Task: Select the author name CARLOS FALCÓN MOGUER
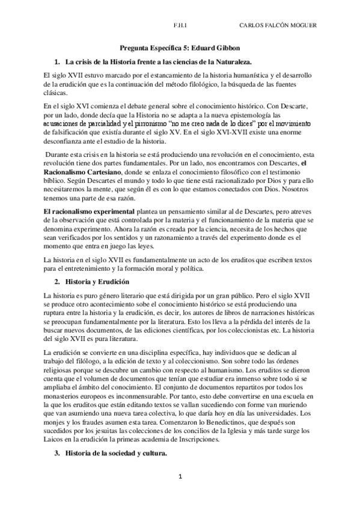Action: (278, 25)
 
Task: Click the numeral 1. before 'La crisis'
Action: (56, 62)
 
